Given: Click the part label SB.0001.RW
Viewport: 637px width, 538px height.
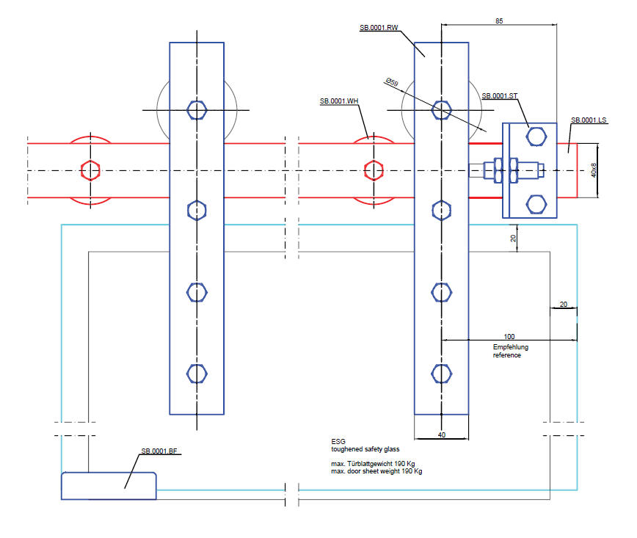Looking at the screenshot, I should [379, 28].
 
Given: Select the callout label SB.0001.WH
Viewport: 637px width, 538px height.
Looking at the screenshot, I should [339, 100].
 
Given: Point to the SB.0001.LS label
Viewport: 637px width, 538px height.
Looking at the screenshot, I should [589, 120].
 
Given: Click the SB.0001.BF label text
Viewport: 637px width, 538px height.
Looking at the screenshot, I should [159, 451].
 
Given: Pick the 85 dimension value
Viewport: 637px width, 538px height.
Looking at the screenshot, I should [499, 22].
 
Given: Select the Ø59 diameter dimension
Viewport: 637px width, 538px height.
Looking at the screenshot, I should [390, 84].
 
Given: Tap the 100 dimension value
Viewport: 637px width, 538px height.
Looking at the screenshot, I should [510, 337].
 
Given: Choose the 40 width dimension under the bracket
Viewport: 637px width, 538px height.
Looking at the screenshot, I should [441, 435].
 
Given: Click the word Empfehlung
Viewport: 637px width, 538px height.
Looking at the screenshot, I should [510, 346].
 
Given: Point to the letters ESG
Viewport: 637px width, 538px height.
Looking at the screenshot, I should [338, 442].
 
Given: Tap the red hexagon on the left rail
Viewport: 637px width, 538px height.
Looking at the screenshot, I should [90, 170].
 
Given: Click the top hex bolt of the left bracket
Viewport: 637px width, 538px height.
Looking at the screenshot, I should [197, 110].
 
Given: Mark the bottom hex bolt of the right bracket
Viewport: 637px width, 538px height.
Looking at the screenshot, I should [441, 374].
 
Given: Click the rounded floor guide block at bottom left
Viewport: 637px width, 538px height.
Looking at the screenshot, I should [109, 486].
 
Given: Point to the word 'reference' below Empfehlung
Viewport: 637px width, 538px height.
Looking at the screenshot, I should [506, 355].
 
